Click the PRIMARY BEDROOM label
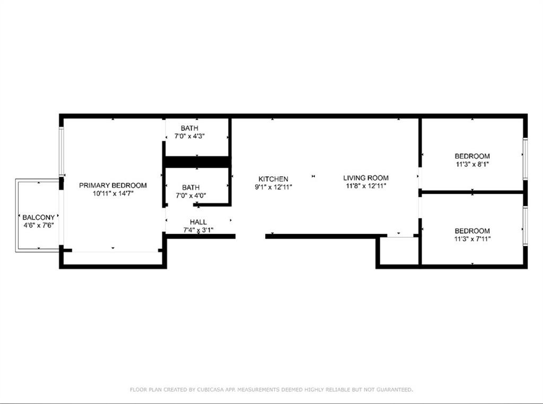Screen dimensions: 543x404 (x=113, y=185)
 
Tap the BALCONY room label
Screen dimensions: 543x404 (x=38, y=218)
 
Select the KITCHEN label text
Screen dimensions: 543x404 (x=273, y=179)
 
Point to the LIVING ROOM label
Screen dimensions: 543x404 (x=366, y=178)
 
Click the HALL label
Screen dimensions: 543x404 (x=198, y=222)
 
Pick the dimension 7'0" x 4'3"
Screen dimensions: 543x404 (x=189, y=136)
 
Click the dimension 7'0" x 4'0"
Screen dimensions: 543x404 (x=191, y=195)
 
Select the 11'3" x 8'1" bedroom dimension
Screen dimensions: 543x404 (x=472, y=164)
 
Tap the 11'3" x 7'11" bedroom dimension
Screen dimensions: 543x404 (x=472, y=239)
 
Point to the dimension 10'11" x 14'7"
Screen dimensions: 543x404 (x=113, y=194)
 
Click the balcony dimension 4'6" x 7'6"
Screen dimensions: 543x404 (x=38, y=226)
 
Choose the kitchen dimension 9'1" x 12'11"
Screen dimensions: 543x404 (x=273, y=187)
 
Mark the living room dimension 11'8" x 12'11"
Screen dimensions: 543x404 (x=366, y=186)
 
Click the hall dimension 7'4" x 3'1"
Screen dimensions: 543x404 (x=198, y=230)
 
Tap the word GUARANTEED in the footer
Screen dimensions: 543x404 (x=395, y=390)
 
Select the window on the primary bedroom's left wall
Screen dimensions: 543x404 (x=62, y=151)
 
